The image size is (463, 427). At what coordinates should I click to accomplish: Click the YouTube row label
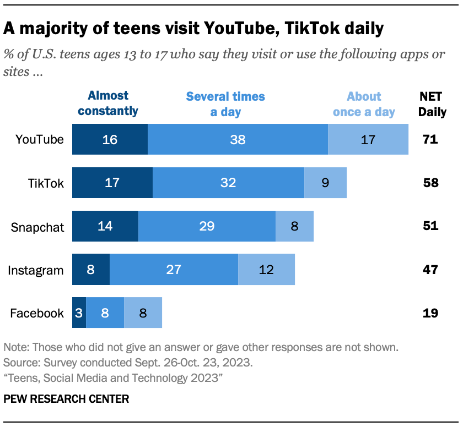(40, 140)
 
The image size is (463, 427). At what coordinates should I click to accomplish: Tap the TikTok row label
(46, 183)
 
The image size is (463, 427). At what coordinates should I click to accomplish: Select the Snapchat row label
(37, 227)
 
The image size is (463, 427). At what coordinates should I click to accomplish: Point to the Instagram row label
(36, 270)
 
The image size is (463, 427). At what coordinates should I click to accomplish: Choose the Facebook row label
(37, 314)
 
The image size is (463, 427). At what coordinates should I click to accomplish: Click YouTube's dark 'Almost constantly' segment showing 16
(110, 140)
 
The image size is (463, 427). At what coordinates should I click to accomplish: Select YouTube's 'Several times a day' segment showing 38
(238, 140)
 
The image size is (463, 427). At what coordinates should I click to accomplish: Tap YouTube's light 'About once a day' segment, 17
(368, 140)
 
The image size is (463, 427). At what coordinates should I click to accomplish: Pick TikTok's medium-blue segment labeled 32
(228, 183)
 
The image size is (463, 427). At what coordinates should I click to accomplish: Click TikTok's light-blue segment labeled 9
(325, 183)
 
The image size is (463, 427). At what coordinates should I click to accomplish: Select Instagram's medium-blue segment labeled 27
(174, 270)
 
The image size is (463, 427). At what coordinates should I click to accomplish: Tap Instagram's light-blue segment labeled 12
(266, 270)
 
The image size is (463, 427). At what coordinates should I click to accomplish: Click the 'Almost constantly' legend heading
(108, 103)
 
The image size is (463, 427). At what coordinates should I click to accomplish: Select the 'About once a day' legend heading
(363, 104)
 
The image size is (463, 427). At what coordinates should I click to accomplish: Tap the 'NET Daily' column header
(432, 104)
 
